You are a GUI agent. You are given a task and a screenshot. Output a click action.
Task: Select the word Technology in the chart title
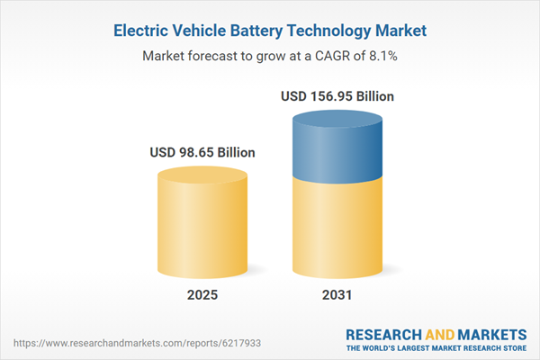(x=333, y=31)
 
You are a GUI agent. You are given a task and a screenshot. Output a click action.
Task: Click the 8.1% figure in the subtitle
(x=382, y=55)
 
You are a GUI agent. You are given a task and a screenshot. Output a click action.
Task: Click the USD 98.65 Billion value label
(x=202, y=152)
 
